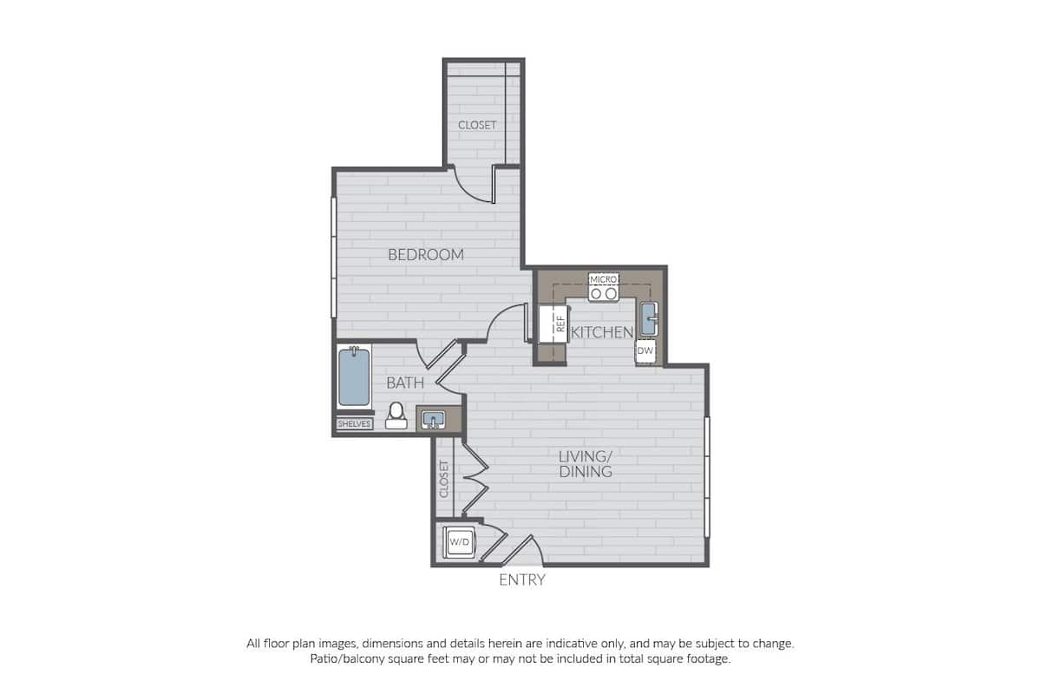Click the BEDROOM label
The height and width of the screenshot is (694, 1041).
click(x=425, y=255)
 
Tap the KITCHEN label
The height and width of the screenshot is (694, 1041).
click(x=601, y=332)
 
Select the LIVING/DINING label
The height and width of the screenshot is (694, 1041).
click(x=586, y=464)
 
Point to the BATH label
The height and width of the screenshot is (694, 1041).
click(x=405, y=383)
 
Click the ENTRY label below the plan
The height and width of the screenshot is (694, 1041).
click(x=521, y=580)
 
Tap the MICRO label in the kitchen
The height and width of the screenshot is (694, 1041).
click(x=603, y=279)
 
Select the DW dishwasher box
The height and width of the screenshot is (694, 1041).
click(x=645, y=351)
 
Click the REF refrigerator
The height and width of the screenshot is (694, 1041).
click(x=553, y=324)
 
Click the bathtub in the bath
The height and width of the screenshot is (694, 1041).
click(x=354, y=377)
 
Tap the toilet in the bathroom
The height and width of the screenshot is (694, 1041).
click(x=396, y=416)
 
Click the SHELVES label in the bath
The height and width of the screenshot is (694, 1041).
click(x=354, y=424)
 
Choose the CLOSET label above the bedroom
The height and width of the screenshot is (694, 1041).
click(x=477, y=125)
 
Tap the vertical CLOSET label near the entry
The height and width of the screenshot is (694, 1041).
click(x=444, y=479)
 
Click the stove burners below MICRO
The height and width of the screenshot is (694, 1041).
click(x=603, y=294)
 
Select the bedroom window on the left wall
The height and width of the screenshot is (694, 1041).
click(x=333, y=258)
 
